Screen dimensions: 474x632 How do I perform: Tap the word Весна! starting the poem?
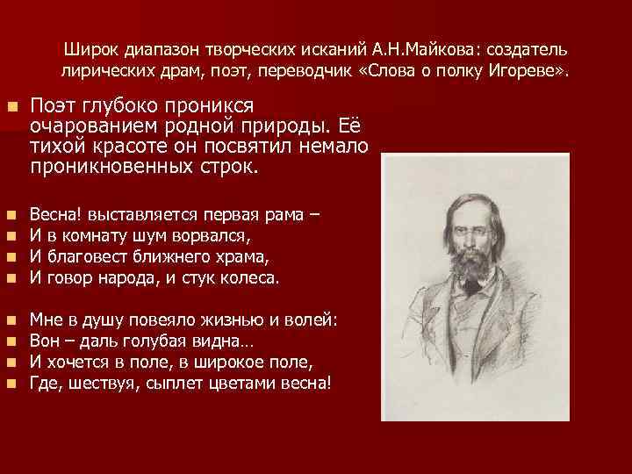click(55, 213)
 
